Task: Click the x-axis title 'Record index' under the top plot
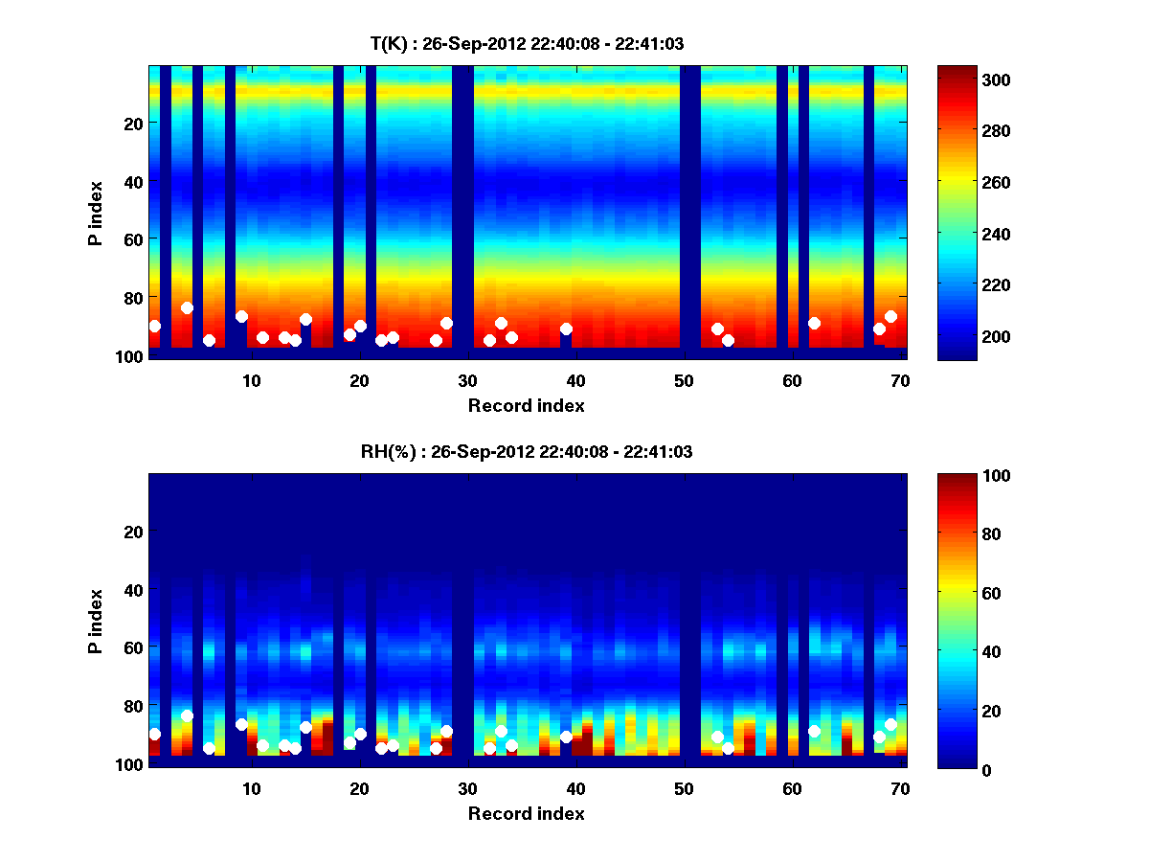tap(526, 405)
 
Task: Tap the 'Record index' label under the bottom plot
tap(526, 813)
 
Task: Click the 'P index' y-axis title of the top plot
tap(95, 213)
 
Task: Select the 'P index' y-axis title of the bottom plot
tap(95, 621)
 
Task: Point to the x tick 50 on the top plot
tap(684, 379)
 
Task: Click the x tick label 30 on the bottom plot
tap(467, 787)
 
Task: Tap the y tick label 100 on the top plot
tap(131, 355)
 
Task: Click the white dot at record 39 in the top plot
tap(566, 329)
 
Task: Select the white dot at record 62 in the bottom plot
tap(814, 731)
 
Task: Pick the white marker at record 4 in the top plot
tap(187, 307)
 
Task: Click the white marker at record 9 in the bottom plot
tap(241, 724)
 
